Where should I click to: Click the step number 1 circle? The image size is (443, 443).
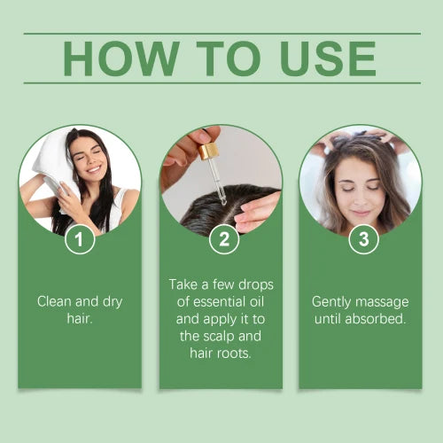81,239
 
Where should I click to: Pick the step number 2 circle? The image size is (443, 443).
222,239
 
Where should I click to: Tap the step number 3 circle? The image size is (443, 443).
363,239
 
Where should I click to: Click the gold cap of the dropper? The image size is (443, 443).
209,152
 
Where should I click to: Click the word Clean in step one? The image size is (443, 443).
55,301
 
